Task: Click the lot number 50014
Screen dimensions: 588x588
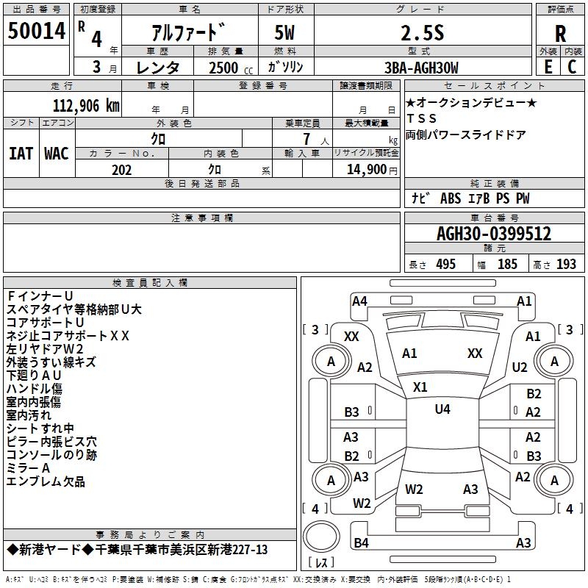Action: click(37, 30)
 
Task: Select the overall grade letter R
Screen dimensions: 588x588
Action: click(560, 34)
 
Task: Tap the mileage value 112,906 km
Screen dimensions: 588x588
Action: click(86, 106)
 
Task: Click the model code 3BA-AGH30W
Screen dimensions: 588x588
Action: click(421, 68)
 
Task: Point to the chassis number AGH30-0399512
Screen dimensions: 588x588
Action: click(494, 234)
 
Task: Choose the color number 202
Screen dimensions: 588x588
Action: click(121, 170)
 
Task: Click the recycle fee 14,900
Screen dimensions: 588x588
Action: click(367, 170)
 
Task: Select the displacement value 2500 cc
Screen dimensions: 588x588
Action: click(231, 68)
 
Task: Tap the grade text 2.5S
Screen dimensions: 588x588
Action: click(422, 33)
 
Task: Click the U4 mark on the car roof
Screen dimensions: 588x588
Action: click(442, 409)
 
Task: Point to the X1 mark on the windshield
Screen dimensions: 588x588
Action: click(420, 387)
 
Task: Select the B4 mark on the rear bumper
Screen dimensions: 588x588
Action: click(361, 542)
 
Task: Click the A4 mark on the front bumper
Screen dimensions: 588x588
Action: click(359, 301)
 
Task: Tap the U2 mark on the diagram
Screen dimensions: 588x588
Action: click(520, 367)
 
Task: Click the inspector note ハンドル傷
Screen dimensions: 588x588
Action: click(34, 389)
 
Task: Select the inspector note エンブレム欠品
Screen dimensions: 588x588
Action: click(46, 481)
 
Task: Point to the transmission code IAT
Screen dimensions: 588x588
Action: click(21, 154)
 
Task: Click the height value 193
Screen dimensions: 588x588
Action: click(566, 264)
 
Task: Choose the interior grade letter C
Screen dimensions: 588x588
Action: click(572, 67)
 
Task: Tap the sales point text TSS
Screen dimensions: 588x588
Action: click(421, 118)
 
